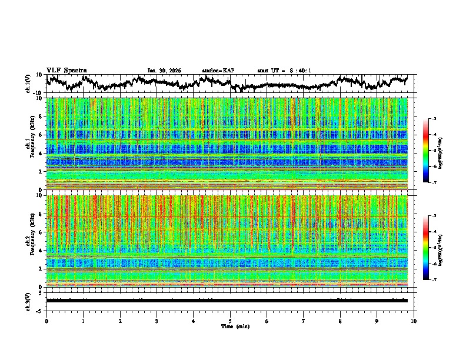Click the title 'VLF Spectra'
click(66, 71)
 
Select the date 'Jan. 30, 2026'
click(164, 71)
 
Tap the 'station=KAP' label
click(218, 71)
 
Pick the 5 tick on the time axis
click(230, 321)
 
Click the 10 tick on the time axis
click(414, 321)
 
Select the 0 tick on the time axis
click(46, 321)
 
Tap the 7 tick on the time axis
click(304, 321)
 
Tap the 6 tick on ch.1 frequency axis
click(42, 135)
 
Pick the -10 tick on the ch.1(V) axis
click(38, 93)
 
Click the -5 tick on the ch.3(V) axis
click(39, 309)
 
